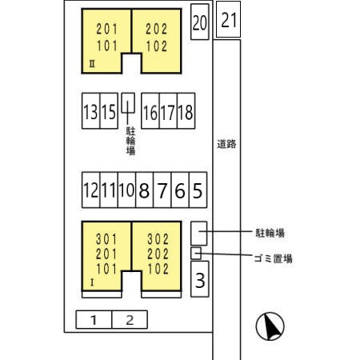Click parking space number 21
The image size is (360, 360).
[228, 19]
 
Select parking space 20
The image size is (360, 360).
[200, 22]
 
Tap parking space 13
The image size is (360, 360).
[91, 111]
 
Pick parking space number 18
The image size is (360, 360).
[186, 111]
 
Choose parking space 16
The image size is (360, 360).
[150, 111]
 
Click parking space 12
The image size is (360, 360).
[91, 190]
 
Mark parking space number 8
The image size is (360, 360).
[144, 190]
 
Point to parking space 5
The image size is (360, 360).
[198, 190]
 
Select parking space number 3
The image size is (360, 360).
[200, 279]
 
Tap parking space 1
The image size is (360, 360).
[94, 319]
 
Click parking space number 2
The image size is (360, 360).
[130, 319]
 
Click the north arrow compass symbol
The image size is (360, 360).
[270, 326]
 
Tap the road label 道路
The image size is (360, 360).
[226, 144]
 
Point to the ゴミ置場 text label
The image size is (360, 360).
[273, 258]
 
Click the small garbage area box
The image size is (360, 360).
[196, 253]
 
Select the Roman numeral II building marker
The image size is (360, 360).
[92, 64]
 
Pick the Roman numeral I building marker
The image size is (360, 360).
[92, 282]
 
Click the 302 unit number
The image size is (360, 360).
[158, 239]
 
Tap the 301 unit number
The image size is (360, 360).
[106, 239]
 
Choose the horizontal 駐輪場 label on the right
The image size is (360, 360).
[270, 233]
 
